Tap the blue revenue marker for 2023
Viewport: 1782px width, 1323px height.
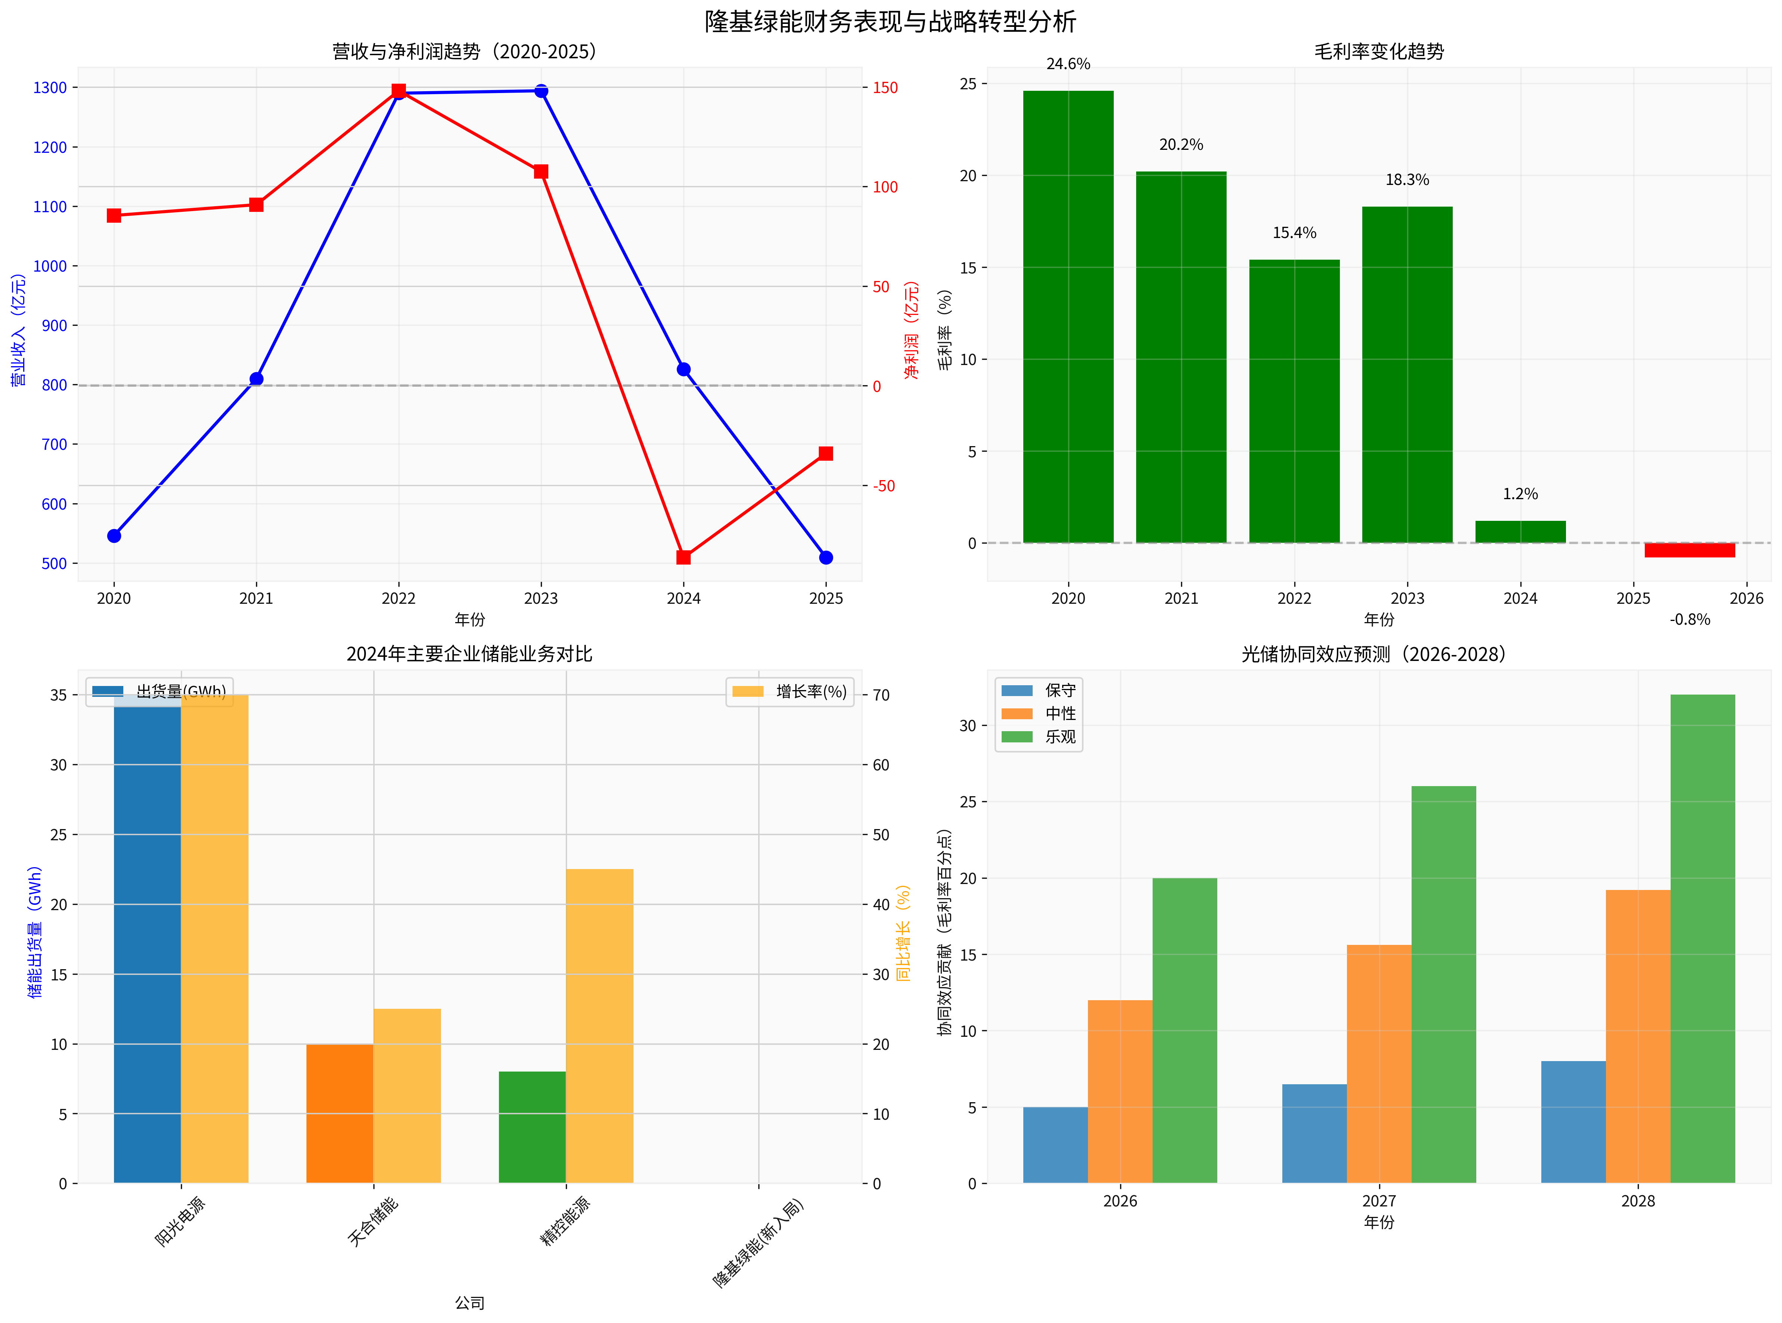(x=542, y=91)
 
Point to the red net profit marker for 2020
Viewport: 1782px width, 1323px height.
(x=114, y=216)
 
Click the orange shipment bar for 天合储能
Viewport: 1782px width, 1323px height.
(x=340, y=1113)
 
